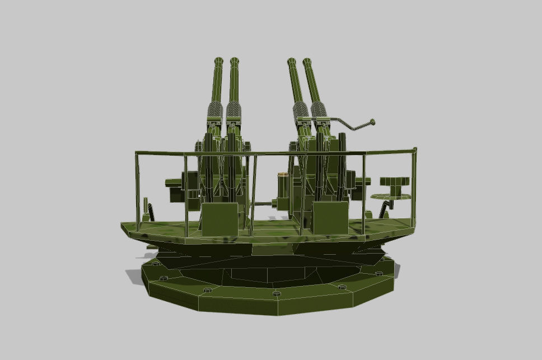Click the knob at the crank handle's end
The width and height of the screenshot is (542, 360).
[371, 121]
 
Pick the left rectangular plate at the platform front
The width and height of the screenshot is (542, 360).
[219, 219]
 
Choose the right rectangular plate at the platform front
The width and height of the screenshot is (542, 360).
[330, 218]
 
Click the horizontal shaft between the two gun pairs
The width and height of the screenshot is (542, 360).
[261, 204]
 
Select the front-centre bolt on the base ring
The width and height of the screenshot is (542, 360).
[275, 293]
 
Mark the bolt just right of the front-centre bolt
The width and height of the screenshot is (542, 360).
[342, 287]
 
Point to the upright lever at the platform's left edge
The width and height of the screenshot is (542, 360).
[147, 208]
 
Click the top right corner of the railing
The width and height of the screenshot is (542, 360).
[414, 149]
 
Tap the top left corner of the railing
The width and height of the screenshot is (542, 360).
[136, 152]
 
